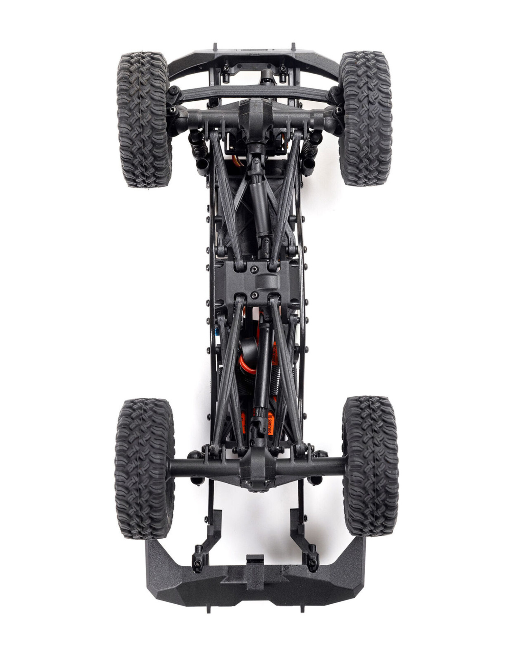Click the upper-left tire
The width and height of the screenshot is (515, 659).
[144, 119]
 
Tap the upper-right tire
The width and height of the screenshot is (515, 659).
[366, 119]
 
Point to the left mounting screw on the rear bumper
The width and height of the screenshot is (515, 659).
[197, 562]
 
